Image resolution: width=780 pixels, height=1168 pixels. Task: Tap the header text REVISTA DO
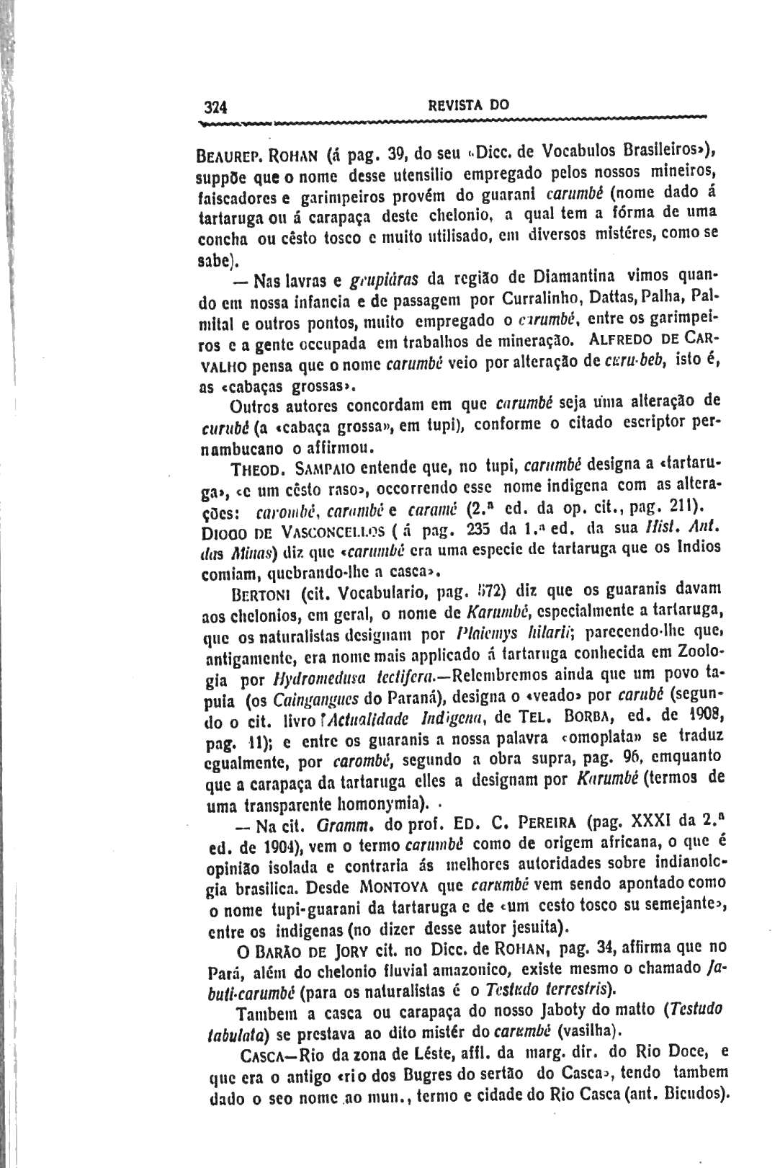468,104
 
